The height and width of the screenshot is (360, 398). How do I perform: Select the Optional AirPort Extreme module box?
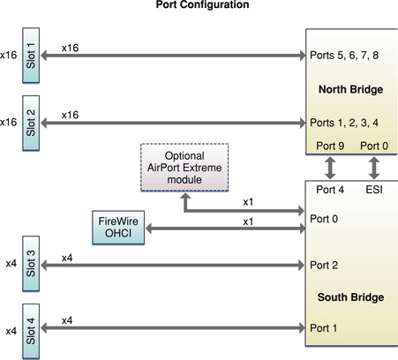184,166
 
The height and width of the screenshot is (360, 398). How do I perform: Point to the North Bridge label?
349,90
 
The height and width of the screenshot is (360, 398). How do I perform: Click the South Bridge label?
349,296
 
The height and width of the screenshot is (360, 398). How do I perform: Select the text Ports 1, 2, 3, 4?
344,121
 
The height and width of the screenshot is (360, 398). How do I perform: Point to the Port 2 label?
322,264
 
